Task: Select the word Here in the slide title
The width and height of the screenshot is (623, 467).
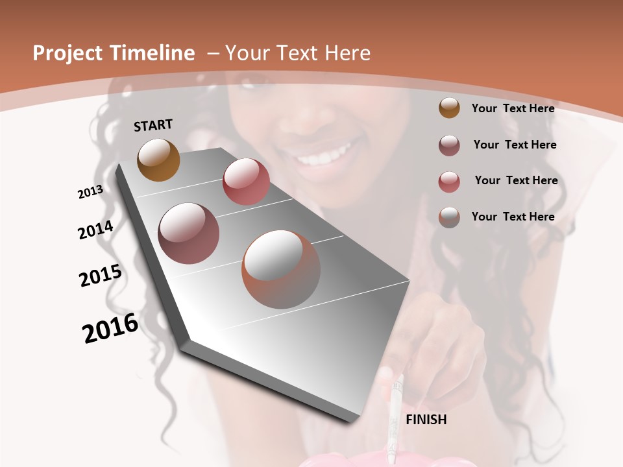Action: (348, 53)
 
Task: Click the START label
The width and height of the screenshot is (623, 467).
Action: (153, 125)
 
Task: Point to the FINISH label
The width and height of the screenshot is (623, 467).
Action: (426, 420)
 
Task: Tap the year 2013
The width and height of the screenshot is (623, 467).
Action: (90, 192)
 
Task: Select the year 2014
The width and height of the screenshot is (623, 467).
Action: (95, 230)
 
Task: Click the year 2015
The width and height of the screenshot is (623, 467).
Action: (101, 276)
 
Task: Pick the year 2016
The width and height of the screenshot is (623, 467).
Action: (110, 328)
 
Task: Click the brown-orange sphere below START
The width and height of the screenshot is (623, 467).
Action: (158, 160)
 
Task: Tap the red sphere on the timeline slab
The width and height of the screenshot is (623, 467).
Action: (246, 181)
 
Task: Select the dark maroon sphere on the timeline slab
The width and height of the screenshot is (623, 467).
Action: (189, 233)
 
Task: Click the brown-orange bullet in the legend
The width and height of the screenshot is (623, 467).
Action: (449, 108)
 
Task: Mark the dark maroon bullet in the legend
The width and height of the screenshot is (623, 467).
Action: (449, 145)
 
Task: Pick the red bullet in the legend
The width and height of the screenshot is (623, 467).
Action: (449, 181)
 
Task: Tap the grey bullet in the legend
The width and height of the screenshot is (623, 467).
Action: (449, 217)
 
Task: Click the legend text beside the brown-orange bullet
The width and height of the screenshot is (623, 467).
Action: (513, 108)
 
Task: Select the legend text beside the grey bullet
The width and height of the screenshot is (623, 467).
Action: (513, 217)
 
